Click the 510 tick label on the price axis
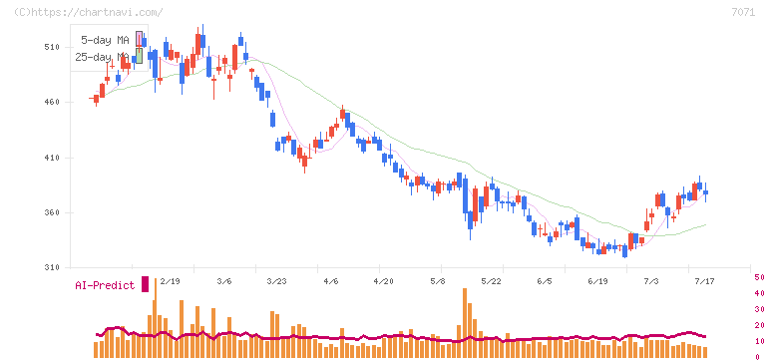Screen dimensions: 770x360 (52, 47)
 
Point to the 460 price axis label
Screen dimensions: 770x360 (52, 102)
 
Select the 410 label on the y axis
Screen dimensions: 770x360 (52, 158)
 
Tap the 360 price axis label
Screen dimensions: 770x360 (52, 212)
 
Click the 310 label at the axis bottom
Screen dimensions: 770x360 (52, 267)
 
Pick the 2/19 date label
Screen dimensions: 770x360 (170, 281)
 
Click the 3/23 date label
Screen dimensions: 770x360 (276, 281)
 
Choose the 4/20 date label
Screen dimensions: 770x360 (384, 281)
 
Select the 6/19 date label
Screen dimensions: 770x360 (597, 281)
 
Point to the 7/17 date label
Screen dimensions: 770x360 (704, 281)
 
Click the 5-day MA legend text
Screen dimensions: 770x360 (105, 40)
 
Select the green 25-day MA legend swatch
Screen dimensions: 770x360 (140, 56)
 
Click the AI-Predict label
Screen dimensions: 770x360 (105, 285)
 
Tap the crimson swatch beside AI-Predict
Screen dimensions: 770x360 (145, 284)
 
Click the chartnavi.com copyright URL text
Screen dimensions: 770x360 (89, 12)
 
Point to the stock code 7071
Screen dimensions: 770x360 (743, 13)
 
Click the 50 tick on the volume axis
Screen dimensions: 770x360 (759, 277)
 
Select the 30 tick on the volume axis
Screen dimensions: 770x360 (759, 309)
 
